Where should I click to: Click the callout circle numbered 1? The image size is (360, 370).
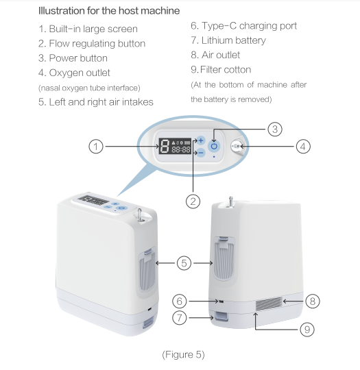pos(97,146)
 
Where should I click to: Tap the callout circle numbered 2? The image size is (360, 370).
pos(193,201)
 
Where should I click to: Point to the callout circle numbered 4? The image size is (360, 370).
pos(304,146)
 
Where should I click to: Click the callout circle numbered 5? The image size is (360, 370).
pos(184,261)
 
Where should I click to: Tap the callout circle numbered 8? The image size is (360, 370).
pos(313,301)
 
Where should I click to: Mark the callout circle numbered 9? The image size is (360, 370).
pos(308,329)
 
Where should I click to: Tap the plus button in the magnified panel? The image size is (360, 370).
pos(200,140)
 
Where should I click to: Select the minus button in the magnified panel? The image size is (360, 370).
pos(200,153)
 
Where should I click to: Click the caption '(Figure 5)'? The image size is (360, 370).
pos(182,354)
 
